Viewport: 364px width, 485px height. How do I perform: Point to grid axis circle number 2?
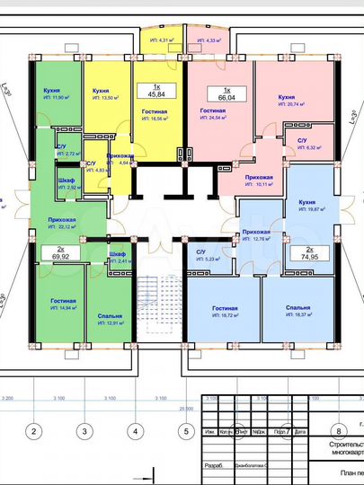(x=33, y=431)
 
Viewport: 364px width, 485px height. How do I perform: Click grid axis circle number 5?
(x=185, y=431)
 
